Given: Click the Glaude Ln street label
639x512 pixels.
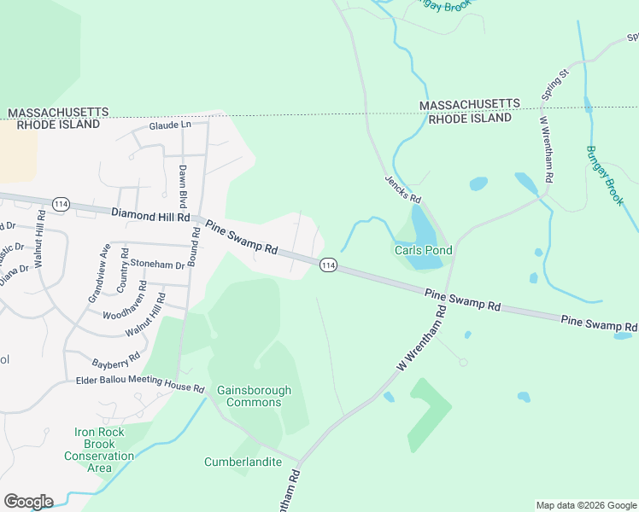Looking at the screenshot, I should tap(170, 125).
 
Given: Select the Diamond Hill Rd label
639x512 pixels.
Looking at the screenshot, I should tap(149, 213).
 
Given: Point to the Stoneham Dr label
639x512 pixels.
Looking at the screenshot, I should tap(158, 265).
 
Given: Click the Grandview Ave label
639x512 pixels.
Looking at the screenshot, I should tap(99, 273).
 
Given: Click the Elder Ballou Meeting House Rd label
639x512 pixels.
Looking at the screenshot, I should tap(140, 383).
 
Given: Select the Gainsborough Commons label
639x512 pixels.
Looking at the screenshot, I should tap(254, 396).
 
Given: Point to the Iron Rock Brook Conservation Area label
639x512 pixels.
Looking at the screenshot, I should tap(99, 450).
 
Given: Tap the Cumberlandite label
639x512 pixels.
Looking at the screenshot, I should tap(243, 462).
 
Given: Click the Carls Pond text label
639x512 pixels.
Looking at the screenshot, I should tap(423, 251).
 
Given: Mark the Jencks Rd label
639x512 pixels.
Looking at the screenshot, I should tap(403, 187).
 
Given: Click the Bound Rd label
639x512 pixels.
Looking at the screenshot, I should tap(195, 247).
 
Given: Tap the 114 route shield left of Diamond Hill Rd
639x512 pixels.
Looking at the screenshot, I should tap(61, 204).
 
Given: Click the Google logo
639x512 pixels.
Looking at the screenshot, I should tap(28, 502).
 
